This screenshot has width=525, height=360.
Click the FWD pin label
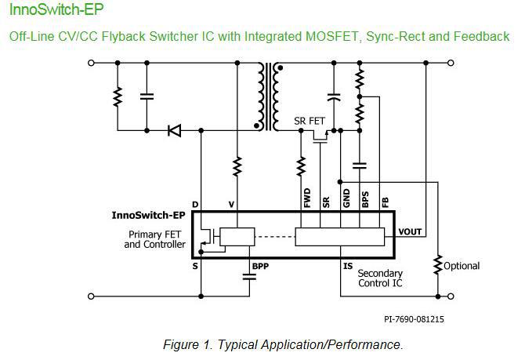[x=306, y=196]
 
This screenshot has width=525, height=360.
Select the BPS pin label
[x=364, y=196]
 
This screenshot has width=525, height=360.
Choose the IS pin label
[x=348, y=264]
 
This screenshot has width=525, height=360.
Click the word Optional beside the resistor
[x=462, y=266]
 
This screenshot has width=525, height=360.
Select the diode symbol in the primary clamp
[x=175, y=130]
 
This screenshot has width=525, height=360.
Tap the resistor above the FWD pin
[x=301, y=165]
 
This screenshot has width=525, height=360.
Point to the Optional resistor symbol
[x=437, y=266]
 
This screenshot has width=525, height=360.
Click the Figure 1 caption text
[x=282, y=345]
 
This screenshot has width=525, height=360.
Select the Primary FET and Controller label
[x=156, y=239]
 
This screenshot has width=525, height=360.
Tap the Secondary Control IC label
[x=380, y=278]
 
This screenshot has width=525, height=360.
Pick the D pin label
[x=195, y=204]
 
